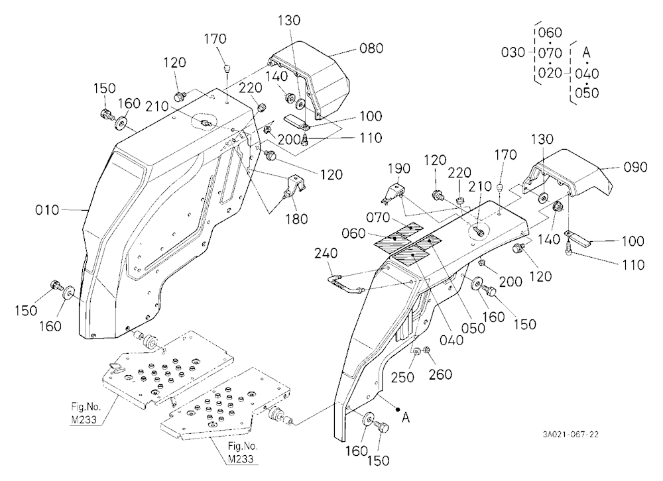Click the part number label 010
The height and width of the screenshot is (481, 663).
tap(47, 210)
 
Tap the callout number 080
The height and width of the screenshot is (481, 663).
tap(371, 48)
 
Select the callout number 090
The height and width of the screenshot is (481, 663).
tap(636, 168)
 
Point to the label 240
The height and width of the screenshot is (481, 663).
tap(326, 254)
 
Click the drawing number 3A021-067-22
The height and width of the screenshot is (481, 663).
tap(570, 435)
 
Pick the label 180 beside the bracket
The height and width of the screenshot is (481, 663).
tap(296, 219)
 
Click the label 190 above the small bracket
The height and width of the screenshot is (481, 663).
tap(399, 169)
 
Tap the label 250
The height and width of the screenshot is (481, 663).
tap(402, 377)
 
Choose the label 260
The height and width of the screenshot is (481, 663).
tap(440, 374)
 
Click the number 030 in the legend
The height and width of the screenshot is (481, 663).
tap(513, 53)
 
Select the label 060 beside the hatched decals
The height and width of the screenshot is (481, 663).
tap(353, 233)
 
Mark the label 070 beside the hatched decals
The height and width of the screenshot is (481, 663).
tap(378, 218)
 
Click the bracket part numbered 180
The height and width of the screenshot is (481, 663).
tap(295, 187)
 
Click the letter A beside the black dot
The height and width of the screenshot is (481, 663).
tap(406, 418)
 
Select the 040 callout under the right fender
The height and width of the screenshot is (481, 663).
tap(452, 340)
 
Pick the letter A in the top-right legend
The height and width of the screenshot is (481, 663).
tap(586, 53)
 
